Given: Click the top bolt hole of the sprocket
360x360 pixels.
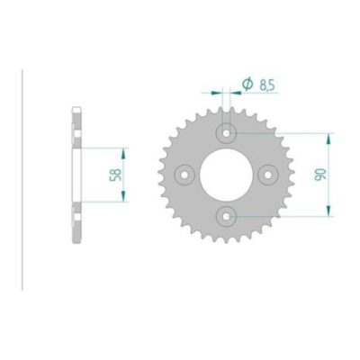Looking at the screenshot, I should coord(227,133).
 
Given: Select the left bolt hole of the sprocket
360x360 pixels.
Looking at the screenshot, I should coord(186,174).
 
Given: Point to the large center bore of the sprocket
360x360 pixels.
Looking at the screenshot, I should coord(227,174).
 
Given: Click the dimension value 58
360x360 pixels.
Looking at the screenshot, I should coord(115,174).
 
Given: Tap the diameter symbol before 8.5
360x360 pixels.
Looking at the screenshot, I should coord(246,85).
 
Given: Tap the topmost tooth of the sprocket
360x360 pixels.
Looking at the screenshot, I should coord(227,103).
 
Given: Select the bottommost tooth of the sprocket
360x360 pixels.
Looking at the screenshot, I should coord(227,246).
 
